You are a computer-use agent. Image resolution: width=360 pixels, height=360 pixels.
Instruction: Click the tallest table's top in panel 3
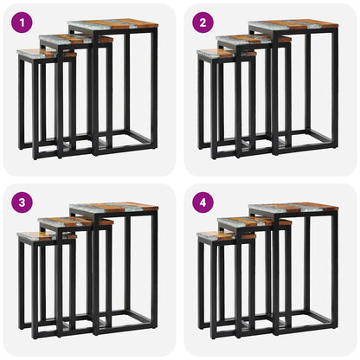click(112, 209)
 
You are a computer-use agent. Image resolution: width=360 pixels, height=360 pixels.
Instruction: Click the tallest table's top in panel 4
click(292, 209)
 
